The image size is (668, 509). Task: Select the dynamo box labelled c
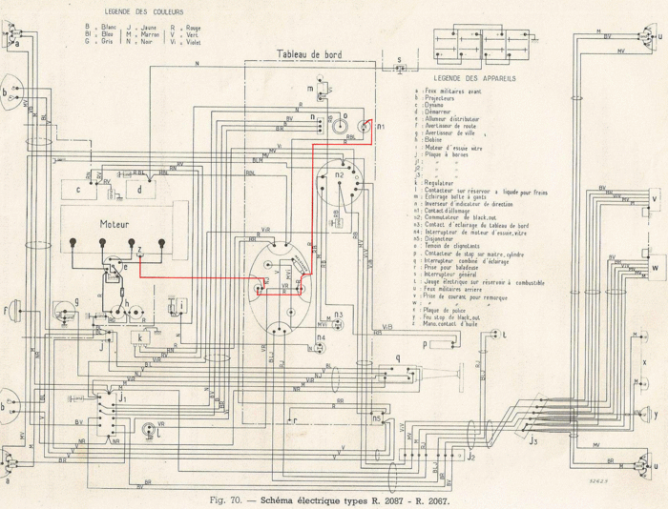click(83, 190)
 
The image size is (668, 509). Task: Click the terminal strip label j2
click(470, 458)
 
